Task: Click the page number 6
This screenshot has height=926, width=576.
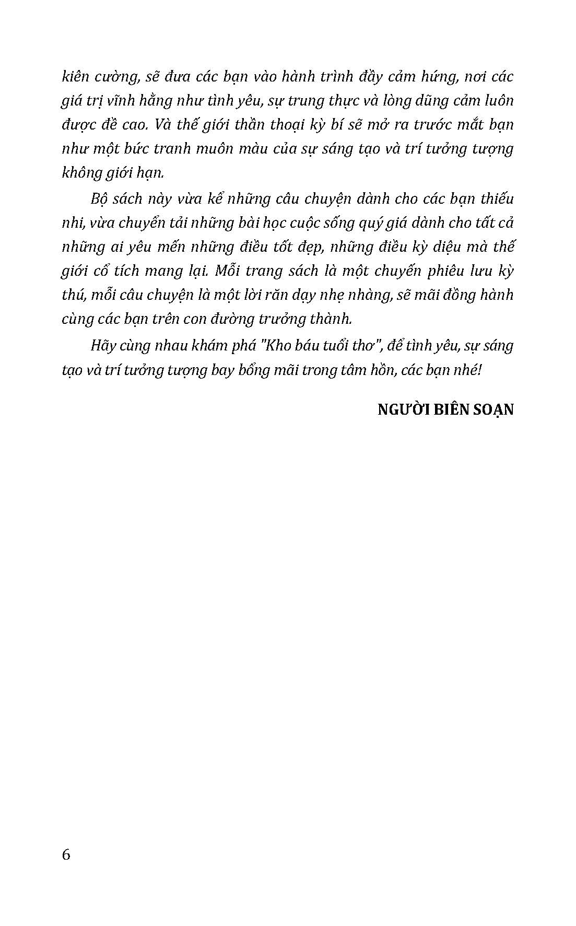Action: [x=66, y=855]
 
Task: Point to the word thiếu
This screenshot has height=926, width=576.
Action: [x=492, y=198]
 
